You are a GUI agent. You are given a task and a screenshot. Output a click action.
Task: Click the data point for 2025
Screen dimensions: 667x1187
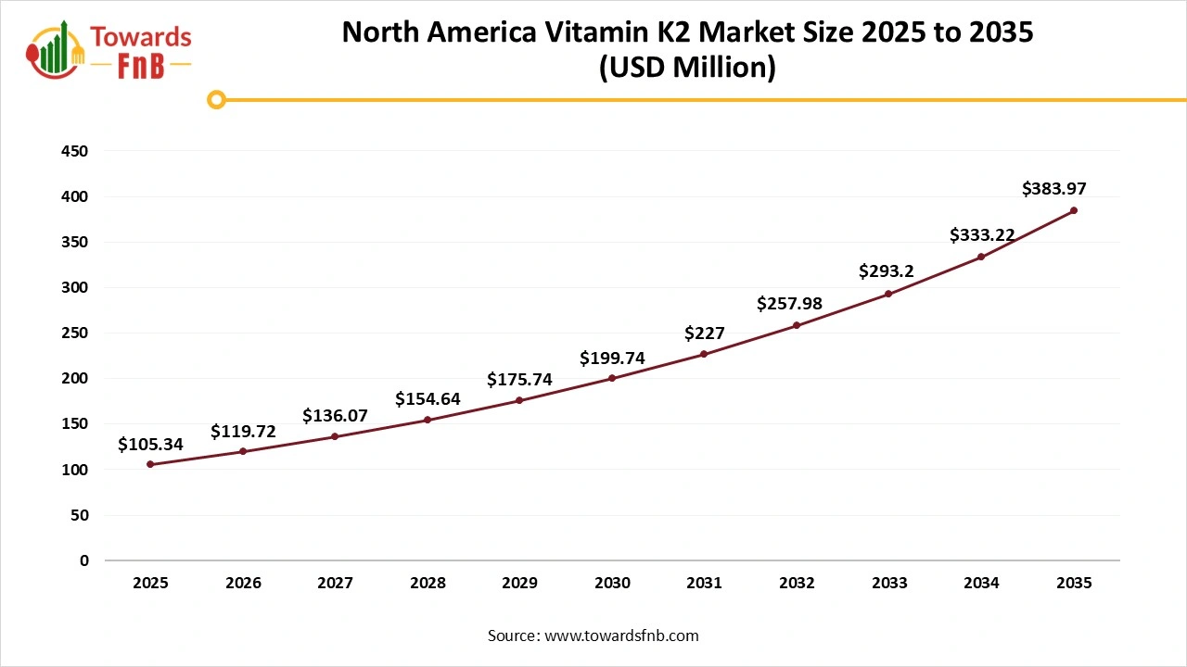coord(150,464)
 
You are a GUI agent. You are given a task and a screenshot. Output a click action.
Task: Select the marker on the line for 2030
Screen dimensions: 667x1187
coord(612,378)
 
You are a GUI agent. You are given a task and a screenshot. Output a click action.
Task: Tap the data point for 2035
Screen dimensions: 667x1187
coord(1074,210)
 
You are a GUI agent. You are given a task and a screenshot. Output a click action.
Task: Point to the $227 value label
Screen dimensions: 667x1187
coord(705,333)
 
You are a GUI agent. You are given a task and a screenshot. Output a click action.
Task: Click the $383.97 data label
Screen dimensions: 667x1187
coord(1054,189)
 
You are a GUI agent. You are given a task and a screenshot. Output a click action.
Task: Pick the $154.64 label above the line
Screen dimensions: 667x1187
coord(428,399)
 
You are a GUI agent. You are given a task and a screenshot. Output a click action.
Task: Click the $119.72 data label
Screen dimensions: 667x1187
coord(243,431)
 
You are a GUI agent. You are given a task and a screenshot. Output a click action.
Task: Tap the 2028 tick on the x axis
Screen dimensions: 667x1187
coord(428,583)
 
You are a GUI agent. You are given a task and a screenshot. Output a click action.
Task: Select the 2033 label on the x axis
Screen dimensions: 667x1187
coord(888,583)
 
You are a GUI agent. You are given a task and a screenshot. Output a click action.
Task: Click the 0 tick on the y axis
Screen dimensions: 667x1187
coord(84,560)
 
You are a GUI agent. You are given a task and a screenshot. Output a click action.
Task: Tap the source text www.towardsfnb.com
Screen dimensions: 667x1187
coord(621,636)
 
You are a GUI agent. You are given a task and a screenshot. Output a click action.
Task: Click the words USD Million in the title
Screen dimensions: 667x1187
coord(687,68)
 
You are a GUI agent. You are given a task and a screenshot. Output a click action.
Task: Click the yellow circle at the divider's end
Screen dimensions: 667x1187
coord(216,99)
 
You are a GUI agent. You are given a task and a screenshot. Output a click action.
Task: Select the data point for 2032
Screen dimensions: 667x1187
coord(797,325)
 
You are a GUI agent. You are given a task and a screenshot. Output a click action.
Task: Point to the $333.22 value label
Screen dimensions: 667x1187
coord(981,235)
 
